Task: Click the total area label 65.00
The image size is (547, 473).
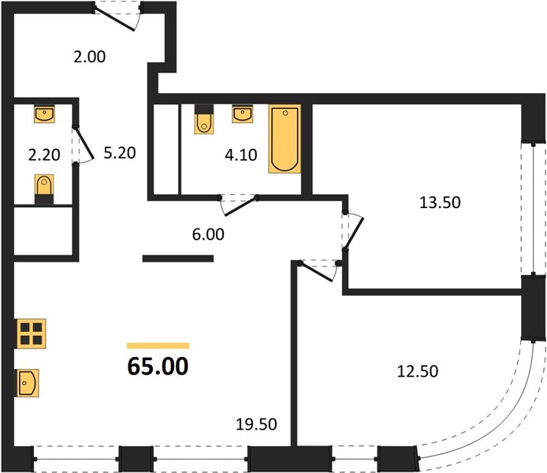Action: pos(158,367)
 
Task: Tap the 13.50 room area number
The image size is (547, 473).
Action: pos(440,203)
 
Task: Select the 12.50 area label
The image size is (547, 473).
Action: pos(418,371)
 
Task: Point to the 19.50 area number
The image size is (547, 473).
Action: pos(256,424)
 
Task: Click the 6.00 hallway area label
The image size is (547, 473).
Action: pos(208,234)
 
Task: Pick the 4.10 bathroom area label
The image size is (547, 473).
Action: pos(241,155)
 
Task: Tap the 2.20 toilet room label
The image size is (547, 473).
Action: pos(44,155)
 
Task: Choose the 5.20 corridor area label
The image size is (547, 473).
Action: pos(120,153)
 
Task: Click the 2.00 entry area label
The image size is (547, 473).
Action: pos(90,57)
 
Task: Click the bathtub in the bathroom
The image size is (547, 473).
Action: pos(285,139)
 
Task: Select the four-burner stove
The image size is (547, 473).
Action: pos(32,333)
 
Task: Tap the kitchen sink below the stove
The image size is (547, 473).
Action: pos(28,382)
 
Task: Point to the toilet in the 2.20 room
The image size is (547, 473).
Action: pos(44,189)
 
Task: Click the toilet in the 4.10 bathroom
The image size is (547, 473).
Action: pos(204,119)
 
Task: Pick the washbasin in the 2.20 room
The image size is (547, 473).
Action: pos(44,114)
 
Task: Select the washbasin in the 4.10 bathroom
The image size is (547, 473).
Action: pos(243,114)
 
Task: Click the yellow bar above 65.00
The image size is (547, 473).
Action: pos(158,345)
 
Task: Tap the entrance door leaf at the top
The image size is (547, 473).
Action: pos(114,19)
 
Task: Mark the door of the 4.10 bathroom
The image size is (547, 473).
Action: pos(241,207)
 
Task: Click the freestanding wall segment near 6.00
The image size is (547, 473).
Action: pos(178,259)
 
